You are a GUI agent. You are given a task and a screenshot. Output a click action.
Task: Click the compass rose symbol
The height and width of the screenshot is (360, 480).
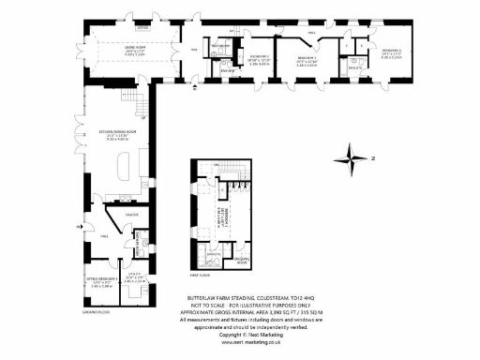(353, 155)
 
